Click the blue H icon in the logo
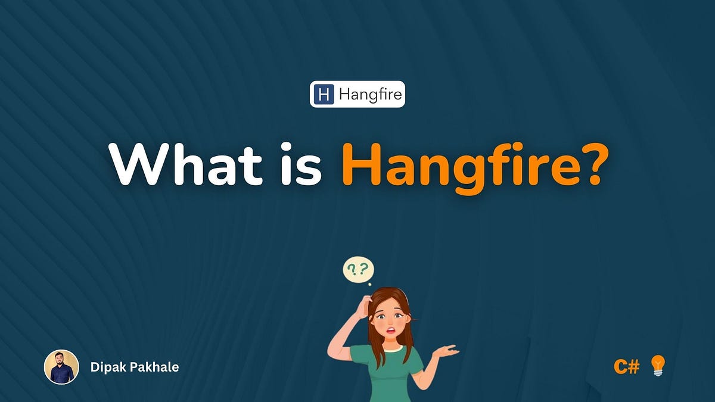(x=324, y=94)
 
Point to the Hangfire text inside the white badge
(x=369, y=94)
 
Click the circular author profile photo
(x=61, y=367)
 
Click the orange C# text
(x=626, y=366)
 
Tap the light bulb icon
(x=657, y=365)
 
